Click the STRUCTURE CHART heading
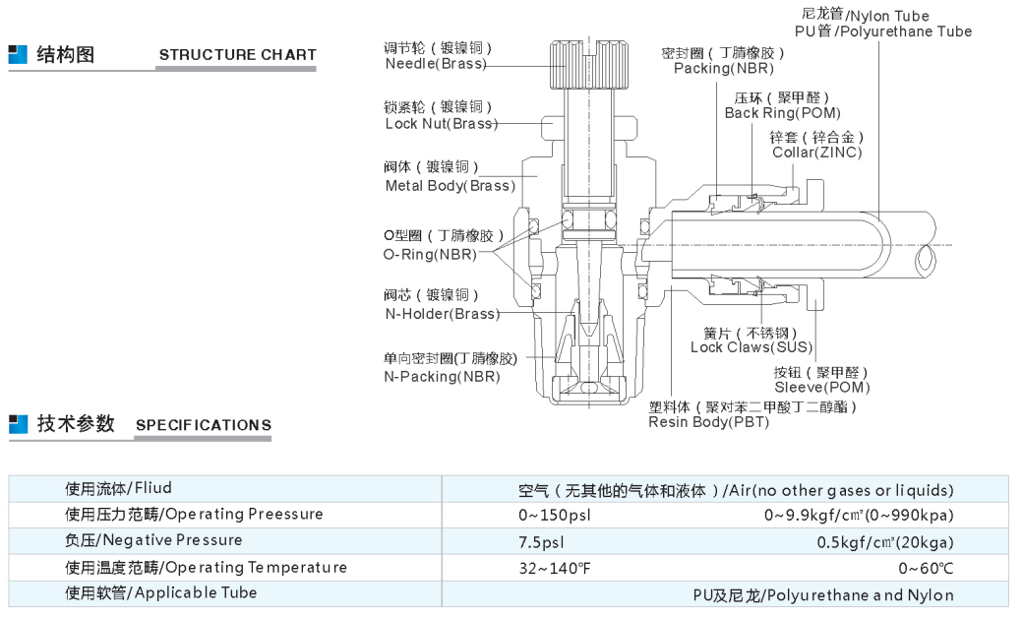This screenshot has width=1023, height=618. [237, 55]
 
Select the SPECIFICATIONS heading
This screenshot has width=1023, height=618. [204, 425]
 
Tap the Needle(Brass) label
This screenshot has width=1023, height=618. [436, 64]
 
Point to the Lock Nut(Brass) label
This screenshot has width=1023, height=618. [441, 123]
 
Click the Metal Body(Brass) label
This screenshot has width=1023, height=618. [451, 186]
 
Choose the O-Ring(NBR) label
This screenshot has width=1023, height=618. [430, 255]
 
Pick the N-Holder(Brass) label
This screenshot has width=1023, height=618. [443, 314]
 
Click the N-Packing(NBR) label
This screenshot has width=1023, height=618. [442, 377]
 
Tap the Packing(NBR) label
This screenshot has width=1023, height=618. [724, 69]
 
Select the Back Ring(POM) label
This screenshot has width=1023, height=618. [782, 113]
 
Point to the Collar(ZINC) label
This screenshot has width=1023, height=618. [816, 153]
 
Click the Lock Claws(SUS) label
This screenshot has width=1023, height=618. [752, 347]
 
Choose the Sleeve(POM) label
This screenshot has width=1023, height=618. [822, 387]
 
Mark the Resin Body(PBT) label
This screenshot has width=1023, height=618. [708, 422]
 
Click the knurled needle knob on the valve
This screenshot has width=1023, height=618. [589, 64]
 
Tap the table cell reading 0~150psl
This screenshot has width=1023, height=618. [555, 516]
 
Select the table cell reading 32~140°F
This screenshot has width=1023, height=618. [555, 569]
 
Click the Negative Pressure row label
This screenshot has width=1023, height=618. [153, 540]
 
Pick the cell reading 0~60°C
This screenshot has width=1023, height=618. [926, 569]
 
